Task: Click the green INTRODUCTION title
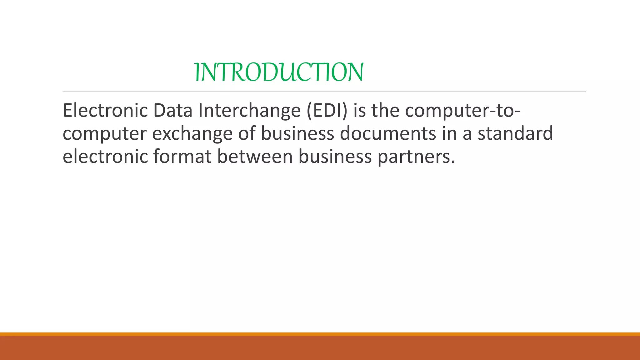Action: tap(279, 72)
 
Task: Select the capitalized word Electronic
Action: tap(105, 111)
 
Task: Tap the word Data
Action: tap(172, 111)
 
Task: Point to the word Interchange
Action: tap(249, 111)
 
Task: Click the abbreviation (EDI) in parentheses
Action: tap(327, 111)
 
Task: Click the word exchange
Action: tap(192, 134)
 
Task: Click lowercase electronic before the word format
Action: tap(105, 156)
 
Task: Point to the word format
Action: tap(182, 156)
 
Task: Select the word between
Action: tap(255, 156)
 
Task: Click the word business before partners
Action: tap(335, 156)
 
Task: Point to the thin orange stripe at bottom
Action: tap(320, 334)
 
